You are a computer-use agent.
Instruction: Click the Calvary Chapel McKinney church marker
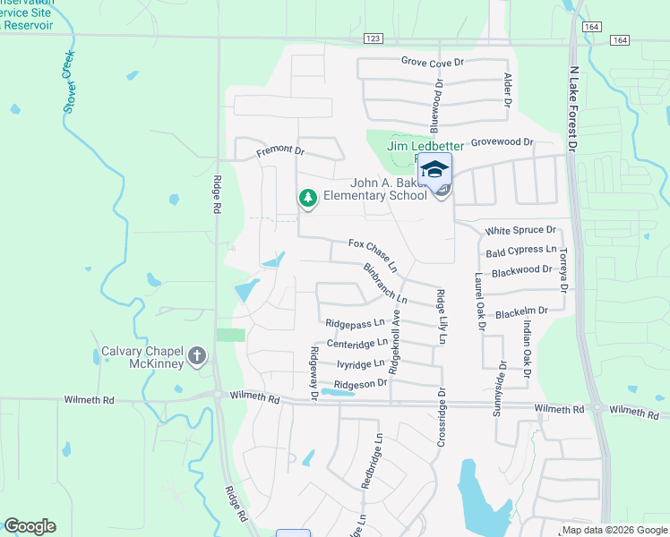(x=198, y=358)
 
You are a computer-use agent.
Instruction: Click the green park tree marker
(x=307, y=198)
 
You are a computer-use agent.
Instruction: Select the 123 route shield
(x=374, y=38)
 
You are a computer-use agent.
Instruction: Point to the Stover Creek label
(x=70, y=81)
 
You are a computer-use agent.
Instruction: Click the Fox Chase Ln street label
(x=374, y=255)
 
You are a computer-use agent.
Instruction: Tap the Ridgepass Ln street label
(x=355, y=322)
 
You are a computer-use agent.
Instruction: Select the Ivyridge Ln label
(x=361, y=364)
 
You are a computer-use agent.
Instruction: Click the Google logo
(x=30, y=526)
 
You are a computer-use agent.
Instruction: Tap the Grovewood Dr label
(x=502, y=141)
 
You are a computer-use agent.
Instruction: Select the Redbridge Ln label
(x=372, y=461)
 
